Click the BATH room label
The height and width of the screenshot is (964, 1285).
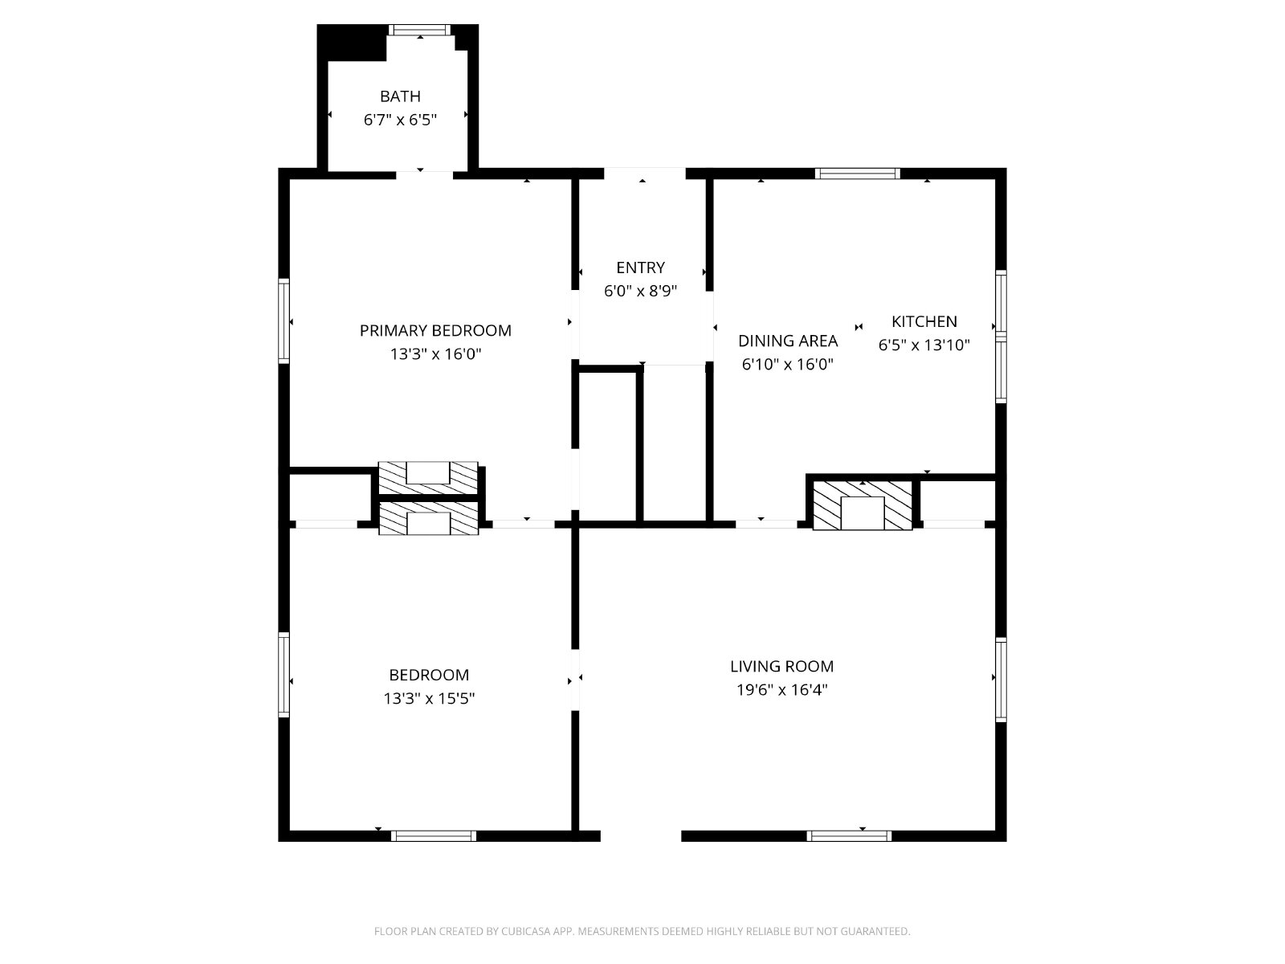(400, 96)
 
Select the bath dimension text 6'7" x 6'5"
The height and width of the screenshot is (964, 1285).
(400, 120)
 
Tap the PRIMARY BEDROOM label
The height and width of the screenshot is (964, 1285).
(435, 331)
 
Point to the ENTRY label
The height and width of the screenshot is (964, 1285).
(640, 268)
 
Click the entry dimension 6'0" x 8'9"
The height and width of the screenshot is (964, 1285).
(640, 291)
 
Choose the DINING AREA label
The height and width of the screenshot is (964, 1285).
(787, 341)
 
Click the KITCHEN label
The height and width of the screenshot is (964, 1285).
(924, 321)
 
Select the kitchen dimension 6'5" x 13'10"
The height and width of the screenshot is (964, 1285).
(924, 345)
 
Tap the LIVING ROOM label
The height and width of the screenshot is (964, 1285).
(781, 666)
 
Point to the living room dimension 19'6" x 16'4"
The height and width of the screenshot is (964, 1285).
(781, 689)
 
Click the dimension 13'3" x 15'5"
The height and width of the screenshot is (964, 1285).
(429, 698)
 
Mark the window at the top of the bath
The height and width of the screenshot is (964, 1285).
(420, 30)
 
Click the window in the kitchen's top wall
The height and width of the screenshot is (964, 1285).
(857, 174)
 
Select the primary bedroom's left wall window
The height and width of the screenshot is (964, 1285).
(284, 321)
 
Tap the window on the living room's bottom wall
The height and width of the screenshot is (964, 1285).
(849, 835)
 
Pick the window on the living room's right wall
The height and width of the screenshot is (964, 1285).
(1001, 680)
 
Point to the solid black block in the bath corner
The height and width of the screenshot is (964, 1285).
(352, 42)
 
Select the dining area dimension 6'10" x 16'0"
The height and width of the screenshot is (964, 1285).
(787, 364)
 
